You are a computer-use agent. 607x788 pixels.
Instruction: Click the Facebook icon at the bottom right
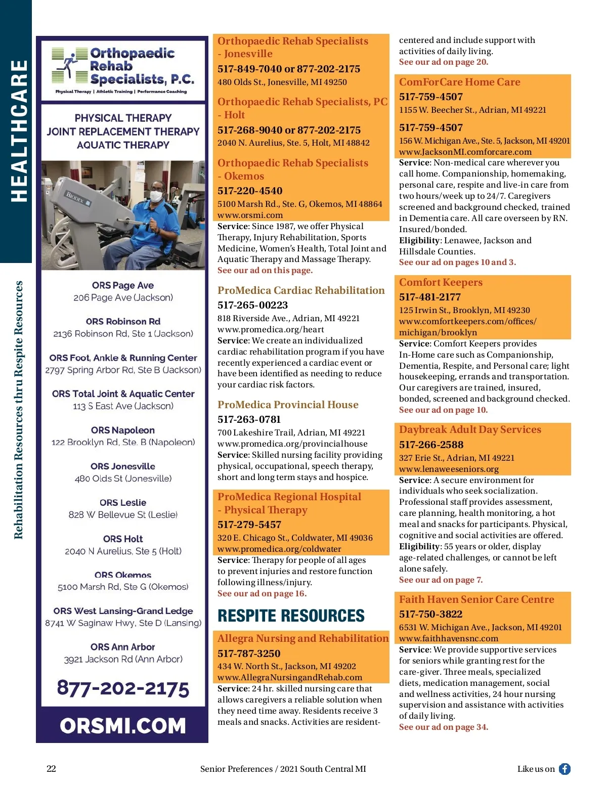(565, 769)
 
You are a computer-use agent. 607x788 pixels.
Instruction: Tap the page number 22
(51, 769)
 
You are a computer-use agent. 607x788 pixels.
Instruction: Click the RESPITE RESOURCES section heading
(291, 616)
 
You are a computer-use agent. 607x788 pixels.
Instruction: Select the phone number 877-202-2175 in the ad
(123, 688)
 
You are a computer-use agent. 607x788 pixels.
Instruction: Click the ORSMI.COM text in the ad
(123, 726)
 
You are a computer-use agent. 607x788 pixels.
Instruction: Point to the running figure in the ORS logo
(68, 64)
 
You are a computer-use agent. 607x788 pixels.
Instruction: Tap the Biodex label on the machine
(76, 198)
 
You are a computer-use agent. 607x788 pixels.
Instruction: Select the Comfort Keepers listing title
(441, 282)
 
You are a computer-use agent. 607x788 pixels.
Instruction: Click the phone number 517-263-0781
(249, 419)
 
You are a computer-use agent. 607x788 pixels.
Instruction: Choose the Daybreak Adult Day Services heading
(470, 429)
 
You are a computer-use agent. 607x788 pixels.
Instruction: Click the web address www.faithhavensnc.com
(448, 638)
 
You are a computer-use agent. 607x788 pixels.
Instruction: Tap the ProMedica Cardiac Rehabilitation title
(301, 290)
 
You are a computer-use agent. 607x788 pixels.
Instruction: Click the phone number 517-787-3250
(249, 653)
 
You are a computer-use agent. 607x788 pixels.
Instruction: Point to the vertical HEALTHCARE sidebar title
(19, 131)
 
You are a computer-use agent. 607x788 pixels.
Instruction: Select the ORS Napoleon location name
(123, 430)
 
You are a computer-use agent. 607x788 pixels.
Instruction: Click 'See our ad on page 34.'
(443, 727)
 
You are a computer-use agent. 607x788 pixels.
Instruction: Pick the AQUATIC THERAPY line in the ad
(123, 145)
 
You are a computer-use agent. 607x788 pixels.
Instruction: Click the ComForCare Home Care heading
(459, 82)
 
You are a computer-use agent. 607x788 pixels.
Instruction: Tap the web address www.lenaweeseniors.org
(449, 469)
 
